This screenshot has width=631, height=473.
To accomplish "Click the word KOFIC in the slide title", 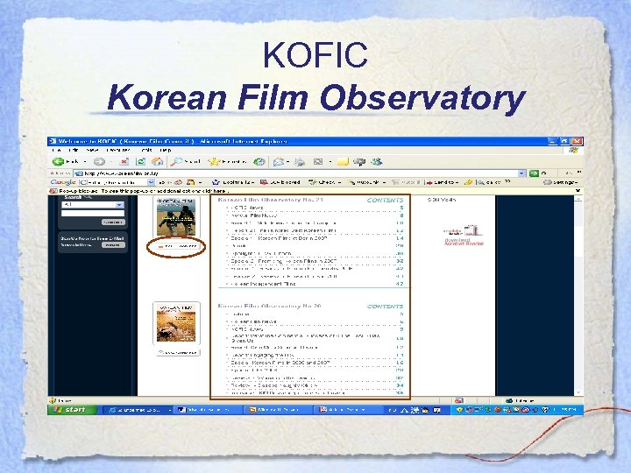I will [x=315, y=58].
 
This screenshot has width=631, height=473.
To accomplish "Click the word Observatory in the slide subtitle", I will [x=422, y=98].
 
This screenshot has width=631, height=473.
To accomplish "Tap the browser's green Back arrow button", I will [x=58, y=161].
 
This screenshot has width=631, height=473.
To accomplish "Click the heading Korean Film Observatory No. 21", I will [x=271, y=200].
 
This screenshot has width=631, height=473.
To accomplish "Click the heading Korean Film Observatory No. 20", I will [x=271, y=307].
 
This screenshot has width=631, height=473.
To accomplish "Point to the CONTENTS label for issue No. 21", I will [x=385, y=200].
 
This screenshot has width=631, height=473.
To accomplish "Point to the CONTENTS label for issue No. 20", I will [x=385, y=307].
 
